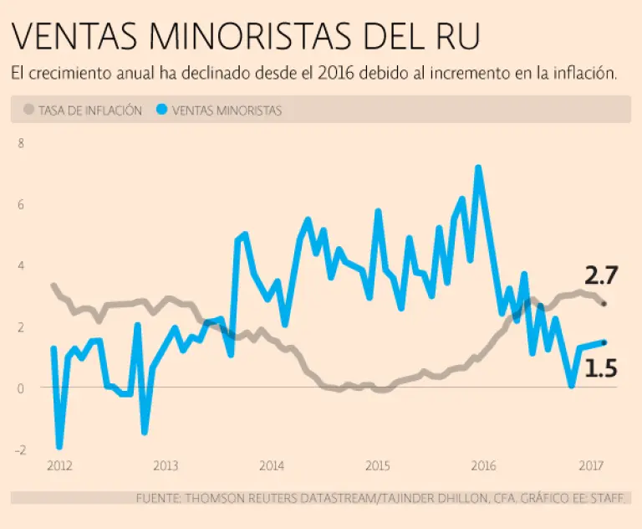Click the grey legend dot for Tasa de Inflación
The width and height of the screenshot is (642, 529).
click(29, 110)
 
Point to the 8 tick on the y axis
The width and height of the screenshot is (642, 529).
click(21, 143)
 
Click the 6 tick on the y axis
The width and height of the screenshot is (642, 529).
click(21, 204)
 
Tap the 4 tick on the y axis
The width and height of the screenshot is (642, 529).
click(21, 266)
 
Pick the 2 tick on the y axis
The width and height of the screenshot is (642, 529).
click(21, 327)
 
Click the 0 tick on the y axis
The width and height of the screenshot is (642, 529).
click(21, 388)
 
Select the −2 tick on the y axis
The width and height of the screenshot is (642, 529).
click(19, 449)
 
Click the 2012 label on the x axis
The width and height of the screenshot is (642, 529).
click(59, 465)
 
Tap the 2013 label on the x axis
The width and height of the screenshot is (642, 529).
click(165, 465)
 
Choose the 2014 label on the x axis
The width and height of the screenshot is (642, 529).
click(271, 465)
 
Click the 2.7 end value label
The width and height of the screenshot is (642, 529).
click(601, 275)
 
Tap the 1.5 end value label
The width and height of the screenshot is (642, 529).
click(600, 367)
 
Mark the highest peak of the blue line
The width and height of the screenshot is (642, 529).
click(478, 167)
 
